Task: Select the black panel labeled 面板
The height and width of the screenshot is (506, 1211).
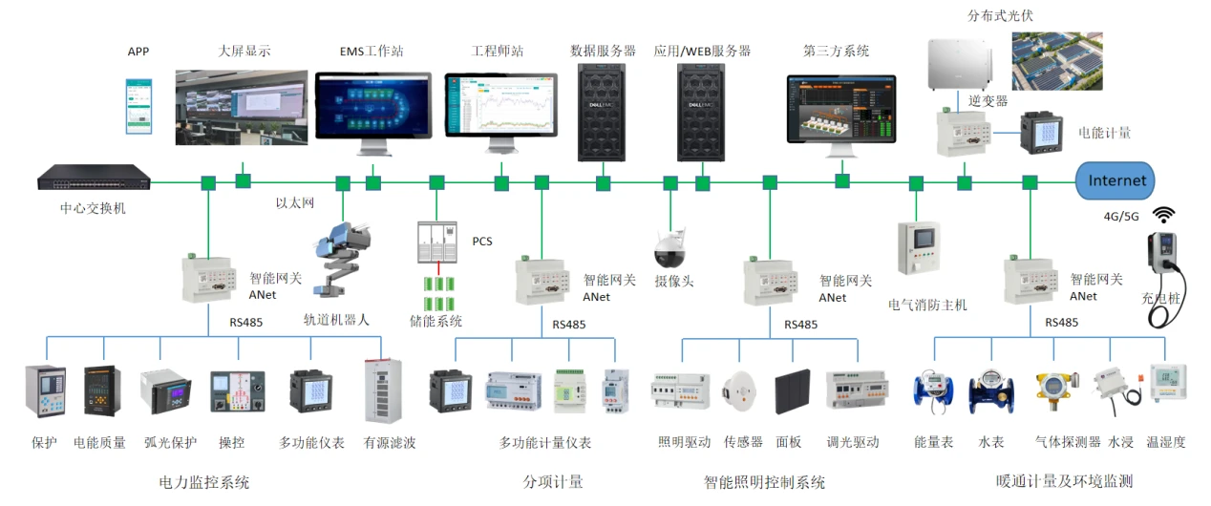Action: (x=793, y=392)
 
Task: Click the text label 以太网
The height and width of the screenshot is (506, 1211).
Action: (x=295, y=203)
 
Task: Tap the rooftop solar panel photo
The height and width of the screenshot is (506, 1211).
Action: (x=1055, y=61)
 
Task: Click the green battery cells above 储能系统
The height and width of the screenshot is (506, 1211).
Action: (x=438, y=285)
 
